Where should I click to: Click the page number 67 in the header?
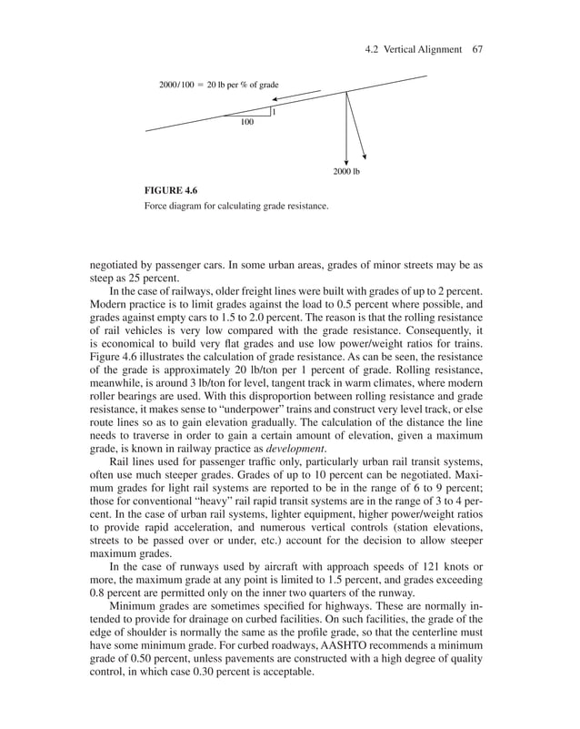[476, 49]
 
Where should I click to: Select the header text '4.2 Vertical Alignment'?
[415, 49]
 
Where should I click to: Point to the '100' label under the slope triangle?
[246, 122]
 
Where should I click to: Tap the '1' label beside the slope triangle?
[274, 112]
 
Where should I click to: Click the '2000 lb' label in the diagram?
[346, 171]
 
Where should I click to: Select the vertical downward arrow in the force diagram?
[346, 127]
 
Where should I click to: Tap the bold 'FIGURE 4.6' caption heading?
[171, 190]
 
